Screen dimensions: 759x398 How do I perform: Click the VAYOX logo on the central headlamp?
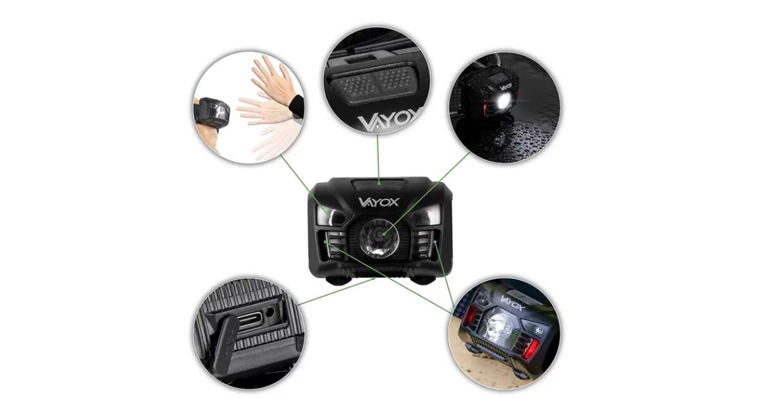[x=379, y=202]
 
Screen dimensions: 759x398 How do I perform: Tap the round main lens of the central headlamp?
[x=379, y=238]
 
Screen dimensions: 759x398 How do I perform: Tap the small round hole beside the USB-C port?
[x=269, y=312]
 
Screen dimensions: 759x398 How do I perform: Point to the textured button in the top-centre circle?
[x=372, y=83]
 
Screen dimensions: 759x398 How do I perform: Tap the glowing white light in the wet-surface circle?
[x=503, y=100]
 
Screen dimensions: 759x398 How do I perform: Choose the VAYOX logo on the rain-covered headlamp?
[x=505, y=86]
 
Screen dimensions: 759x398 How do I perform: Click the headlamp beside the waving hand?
[x=213, y=113]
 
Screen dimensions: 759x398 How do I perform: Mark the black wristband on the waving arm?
[x=297, y=106]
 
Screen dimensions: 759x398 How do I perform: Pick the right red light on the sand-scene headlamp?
[x=531, y=349]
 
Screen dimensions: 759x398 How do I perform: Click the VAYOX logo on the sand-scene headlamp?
[x=513, y=303]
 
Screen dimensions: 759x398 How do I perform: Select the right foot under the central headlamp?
[x=423, y=280]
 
